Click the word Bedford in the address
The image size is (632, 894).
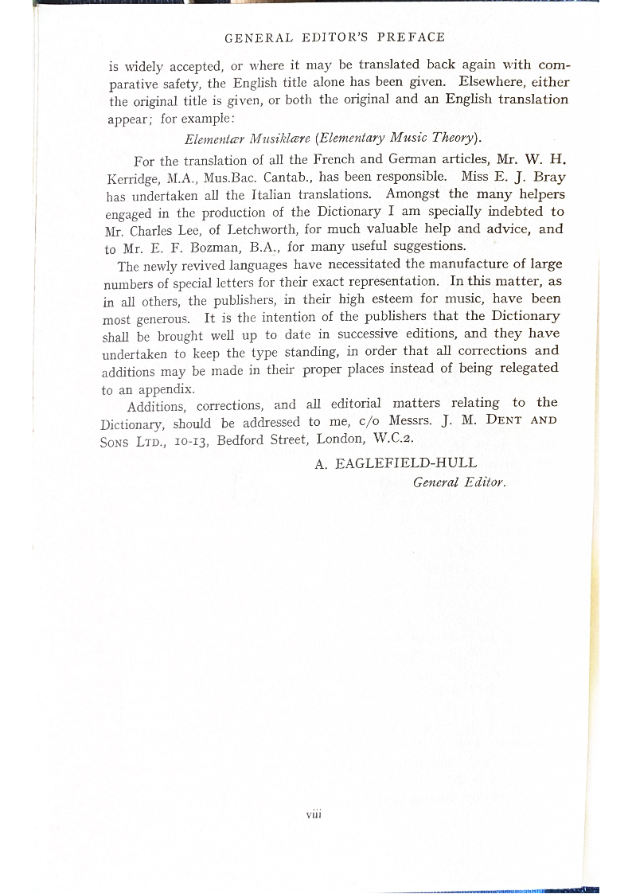pos(244,439)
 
